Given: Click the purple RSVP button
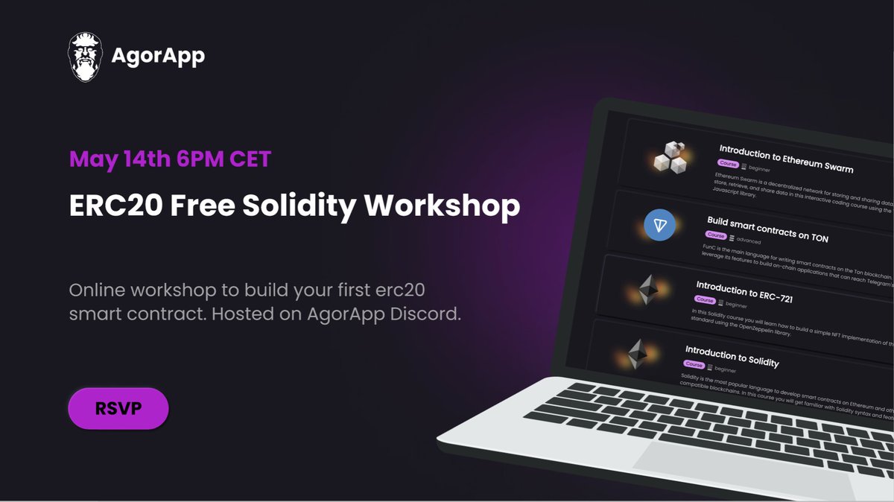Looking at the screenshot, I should [118, 408].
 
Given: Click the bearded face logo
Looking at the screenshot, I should [84, 57].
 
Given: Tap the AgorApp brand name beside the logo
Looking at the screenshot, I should [157, 56].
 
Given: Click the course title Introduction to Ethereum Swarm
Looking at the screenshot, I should [786, 159].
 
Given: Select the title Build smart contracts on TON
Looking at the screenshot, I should [767, 230].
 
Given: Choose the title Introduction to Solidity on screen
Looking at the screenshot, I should [732, 356].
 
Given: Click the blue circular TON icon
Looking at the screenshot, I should [659, 225].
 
